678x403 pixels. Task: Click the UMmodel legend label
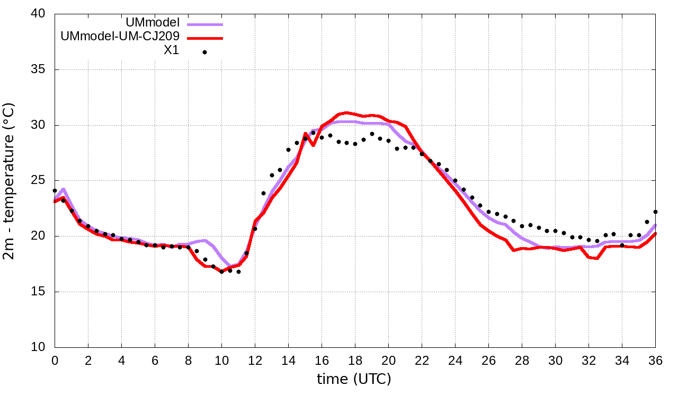point(153,23)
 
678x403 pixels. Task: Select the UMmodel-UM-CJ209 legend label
point(120,37)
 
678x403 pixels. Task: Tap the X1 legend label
point(171,51)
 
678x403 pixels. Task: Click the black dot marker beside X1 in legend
point(204,52)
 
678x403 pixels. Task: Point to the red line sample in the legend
point(204,38)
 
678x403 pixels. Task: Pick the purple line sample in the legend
point(204,24)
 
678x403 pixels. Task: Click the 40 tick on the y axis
point(39,14)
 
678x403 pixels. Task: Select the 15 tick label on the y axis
point(39,292)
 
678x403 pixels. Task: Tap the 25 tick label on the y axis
point(39,181)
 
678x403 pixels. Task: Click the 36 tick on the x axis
point(656,360)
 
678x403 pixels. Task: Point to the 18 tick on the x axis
point(355,360)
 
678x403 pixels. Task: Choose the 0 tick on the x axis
point(55,360)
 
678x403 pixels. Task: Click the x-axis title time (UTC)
point(354,379)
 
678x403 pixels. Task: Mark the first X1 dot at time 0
point(55,190)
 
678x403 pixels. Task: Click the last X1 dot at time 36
point(655,212)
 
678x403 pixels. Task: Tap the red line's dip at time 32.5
point(597,258)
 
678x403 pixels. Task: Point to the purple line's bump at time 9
point(205,240)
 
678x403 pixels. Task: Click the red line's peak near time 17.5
point(347,112)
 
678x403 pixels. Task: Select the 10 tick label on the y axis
point(39,347)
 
